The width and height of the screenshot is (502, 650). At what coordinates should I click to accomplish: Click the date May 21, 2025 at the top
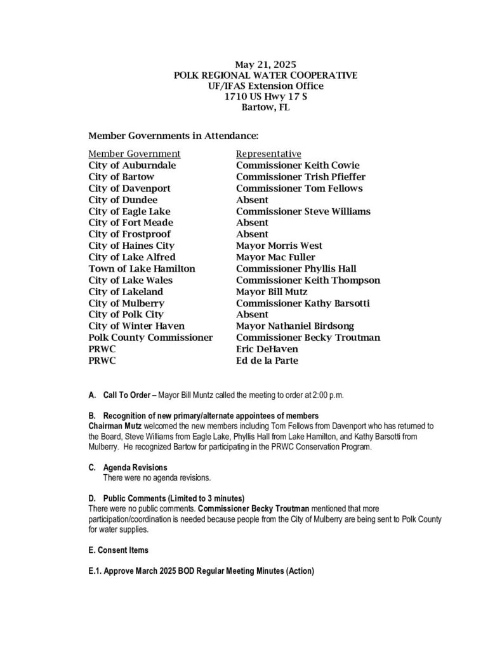click(x=265, y=64)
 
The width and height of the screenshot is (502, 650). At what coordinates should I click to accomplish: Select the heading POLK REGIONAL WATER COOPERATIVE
click(x=265, y=75)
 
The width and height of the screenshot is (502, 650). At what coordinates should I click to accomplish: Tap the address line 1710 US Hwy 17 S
click(x=265, y=96)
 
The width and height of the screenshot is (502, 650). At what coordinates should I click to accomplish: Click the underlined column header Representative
click(x=268, y=154)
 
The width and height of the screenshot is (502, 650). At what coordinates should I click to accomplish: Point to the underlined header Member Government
click(x=135, y=154)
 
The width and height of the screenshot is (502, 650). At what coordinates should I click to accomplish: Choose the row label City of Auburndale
click(x=132, y=166)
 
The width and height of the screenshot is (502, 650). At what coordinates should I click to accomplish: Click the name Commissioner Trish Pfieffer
click(x=300, y=177)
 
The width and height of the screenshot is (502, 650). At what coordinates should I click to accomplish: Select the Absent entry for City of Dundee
click(x=252, y=200)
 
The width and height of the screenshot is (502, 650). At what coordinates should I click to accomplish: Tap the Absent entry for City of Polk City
click(x=252, y=314)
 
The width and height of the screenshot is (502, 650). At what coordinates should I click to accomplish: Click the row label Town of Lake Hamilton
click(x=142, y=269)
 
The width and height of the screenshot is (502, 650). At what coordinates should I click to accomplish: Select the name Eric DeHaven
click(x=266, y=348)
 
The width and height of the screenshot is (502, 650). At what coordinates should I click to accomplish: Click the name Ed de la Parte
click(x=267, y=361)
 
